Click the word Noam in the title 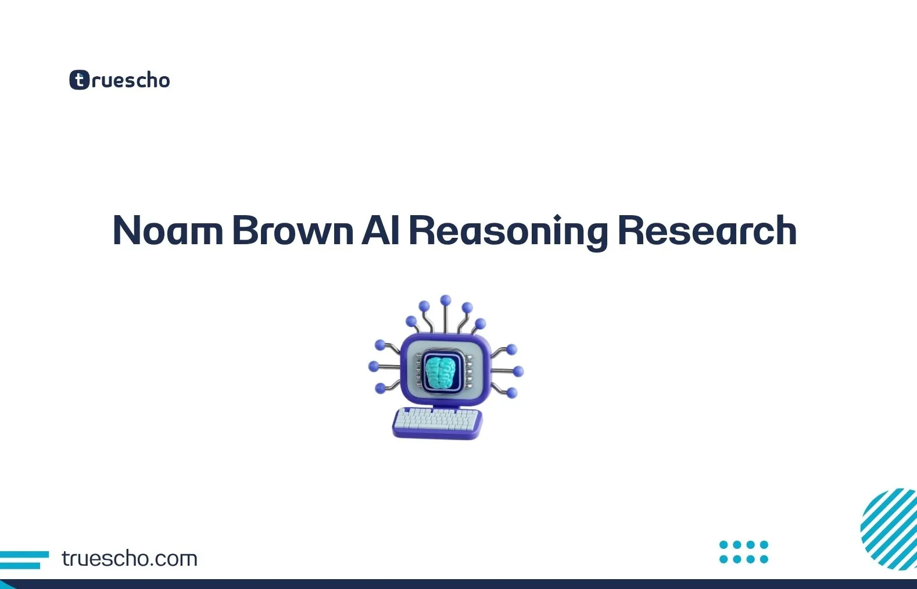point(167,231)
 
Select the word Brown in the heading point(292,231)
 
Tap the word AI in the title point(381,231)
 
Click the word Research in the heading point(707,231)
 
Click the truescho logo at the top point(120,80)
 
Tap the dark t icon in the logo point(79,80)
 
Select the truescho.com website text point(130,559)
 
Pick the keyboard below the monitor point(438,423)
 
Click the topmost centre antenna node point(446,300)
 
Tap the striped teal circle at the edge point(889,529)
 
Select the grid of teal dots point(744,552)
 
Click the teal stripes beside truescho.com point(23,560)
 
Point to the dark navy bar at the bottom point(458,584)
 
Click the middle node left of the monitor point(374,366)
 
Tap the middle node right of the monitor point(518,371)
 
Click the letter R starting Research point(631,231)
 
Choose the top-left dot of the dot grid point(723,545)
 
